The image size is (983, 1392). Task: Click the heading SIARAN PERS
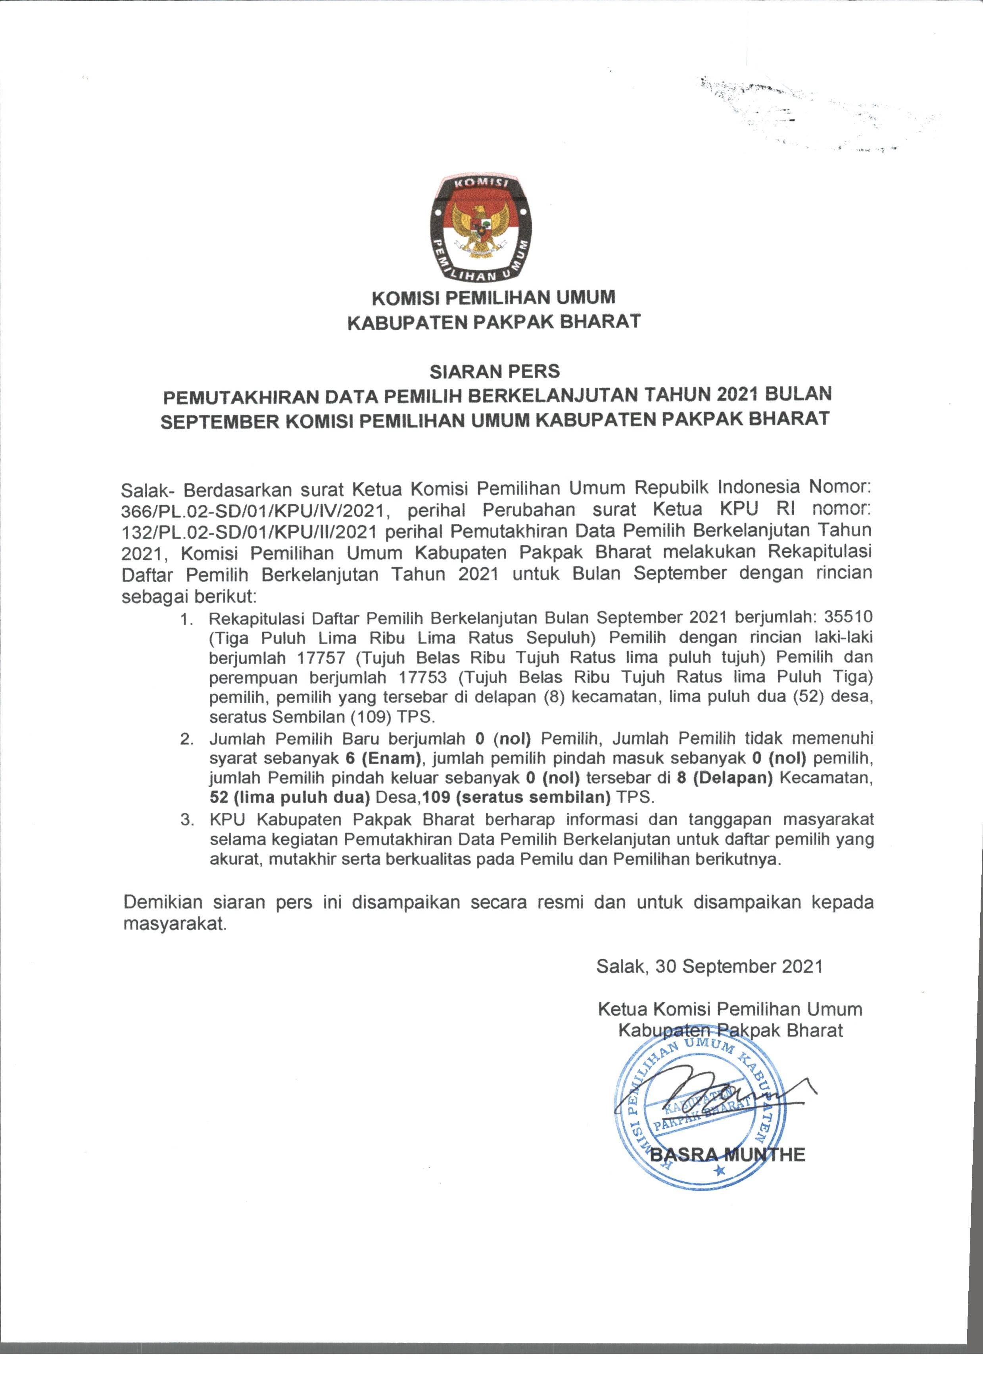coord(495,371)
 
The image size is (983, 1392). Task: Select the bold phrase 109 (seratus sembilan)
coord(517,797)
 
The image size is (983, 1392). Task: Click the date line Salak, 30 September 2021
coord(709,966)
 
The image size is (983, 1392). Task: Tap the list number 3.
coord(187,820)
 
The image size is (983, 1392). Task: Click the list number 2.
coord(187,739)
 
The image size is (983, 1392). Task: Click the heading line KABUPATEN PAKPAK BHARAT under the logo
coord(494,322)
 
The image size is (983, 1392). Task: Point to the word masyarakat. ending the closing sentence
coord(175,924)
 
